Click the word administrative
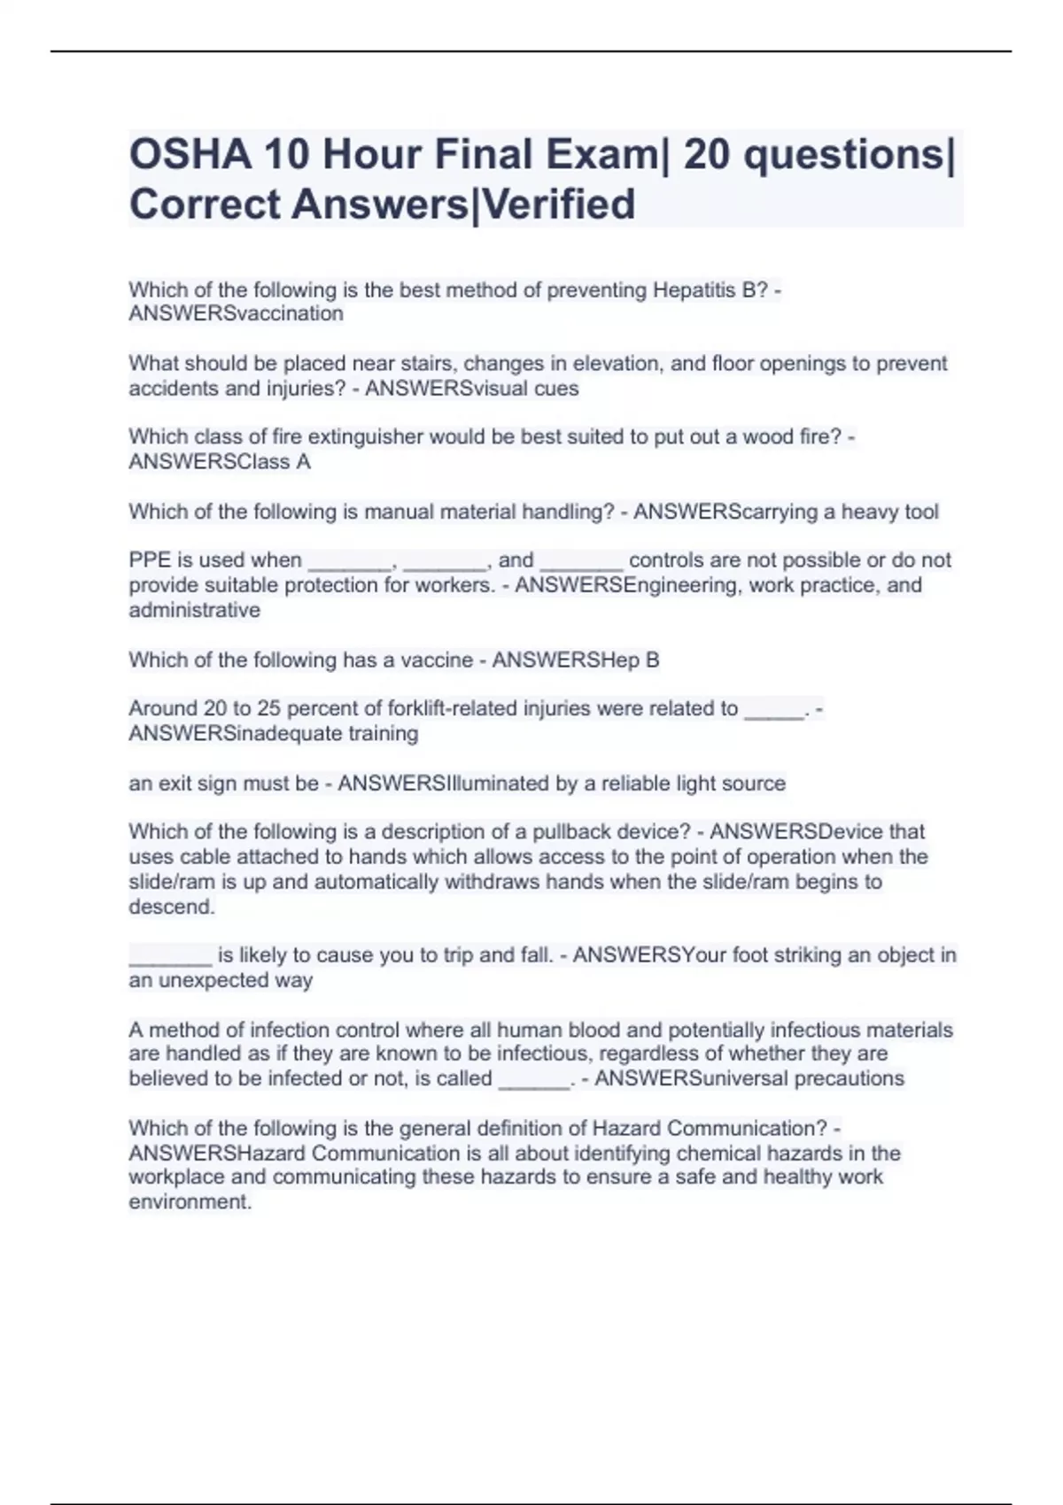[x=195, y=610]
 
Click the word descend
[x=171, y=907]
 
